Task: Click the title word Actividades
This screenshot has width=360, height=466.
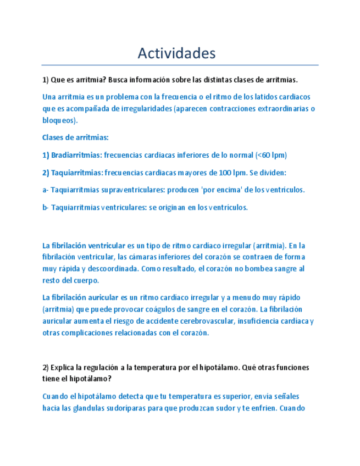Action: click(x=176, y=53)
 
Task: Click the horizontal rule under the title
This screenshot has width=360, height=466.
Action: click(x=180, y=65)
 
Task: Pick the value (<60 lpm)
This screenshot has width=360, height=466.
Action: click(x=272, y=155)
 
